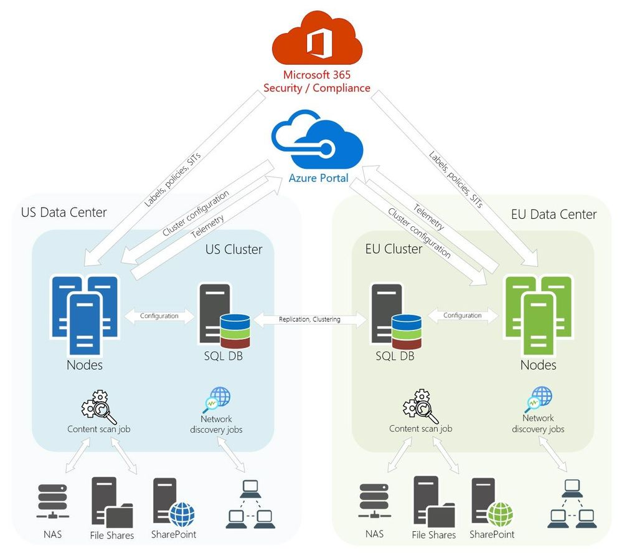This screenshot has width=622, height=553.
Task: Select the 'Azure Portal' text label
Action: point(317,178)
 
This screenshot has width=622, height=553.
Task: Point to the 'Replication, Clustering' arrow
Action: point(309,320)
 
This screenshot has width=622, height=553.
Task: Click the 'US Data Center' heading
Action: point(64,212)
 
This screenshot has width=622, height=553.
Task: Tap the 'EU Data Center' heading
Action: point(554,214)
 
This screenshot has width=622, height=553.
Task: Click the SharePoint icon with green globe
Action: point(491,503)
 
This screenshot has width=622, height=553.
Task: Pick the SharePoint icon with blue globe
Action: point(173,503)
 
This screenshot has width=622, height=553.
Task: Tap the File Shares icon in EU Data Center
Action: point(433,503)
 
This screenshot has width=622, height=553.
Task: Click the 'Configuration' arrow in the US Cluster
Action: point(159,316)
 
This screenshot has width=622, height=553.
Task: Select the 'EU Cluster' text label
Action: point(393,249)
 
